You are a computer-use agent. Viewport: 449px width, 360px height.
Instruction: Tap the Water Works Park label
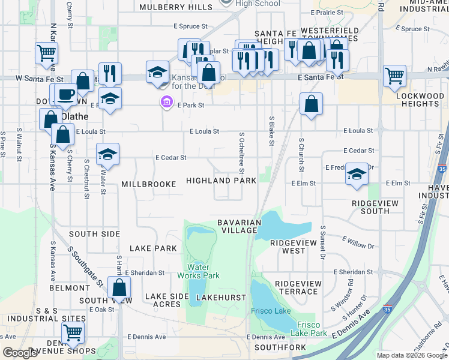pos(198,271)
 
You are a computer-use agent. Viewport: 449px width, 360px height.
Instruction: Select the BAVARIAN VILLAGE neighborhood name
pos(240,226)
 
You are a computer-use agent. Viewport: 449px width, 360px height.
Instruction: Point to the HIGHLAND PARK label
pos(216,181)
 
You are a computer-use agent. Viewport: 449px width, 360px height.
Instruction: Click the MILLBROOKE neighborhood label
pos(149,184)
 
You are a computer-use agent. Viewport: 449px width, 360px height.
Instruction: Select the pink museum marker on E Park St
pos(166,103)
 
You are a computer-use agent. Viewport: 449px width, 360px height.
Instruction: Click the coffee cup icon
pos(67,95)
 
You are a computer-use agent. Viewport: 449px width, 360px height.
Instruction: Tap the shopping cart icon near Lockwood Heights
pos(394,75)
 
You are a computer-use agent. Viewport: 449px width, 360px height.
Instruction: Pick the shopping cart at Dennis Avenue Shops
pos(73,331)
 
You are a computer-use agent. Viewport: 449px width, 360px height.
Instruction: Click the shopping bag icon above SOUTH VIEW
pos(119,288)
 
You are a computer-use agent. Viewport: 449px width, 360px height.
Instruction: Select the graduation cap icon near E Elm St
pos(357,175)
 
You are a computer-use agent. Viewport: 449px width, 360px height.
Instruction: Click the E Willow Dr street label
pos(358,242)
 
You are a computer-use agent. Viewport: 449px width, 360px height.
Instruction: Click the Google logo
pos(20,353)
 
